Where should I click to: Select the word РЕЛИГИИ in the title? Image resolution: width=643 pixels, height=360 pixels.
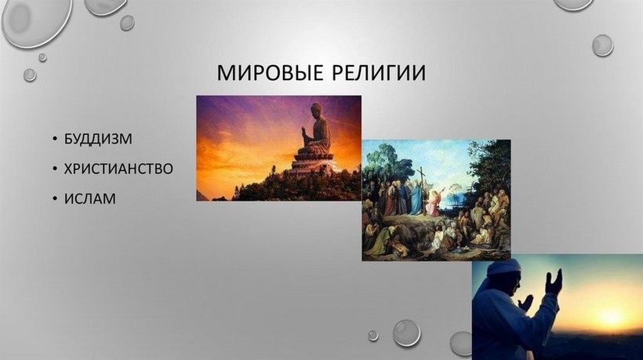coord(378,73)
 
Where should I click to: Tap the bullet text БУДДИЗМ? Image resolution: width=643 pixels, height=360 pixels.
coord(98,139)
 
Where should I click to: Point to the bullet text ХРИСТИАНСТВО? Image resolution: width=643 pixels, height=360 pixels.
coord(118,169)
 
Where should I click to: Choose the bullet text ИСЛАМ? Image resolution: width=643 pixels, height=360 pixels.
coord(90,199)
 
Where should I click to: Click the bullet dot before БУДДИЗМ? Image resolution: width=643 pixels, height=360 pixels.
coord(55,139)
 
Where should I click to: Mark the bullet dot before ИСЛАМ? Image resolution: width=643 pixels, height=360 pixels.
coord(55,199)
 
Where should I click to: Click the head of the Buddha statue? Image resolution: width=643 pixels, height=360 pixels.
coord(317,111)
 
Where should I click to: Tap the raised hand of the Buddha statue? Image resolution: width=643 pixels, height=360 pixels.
coord(304,133)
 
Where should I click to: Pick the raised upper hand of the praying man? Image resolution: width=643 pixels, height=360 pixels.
coord(553,282)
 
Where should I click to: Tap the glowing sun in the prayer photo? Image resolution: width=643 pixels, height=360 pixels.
coord(611,316)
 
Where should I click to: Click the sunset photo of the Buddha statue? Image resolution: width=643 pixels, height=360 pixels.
coord(279,148)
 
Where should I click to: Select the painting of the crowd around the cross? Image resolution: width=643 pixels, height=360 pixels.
coord(436,200)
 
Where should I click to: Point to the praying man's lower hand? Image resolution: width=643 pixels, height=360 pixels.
coord(525,303)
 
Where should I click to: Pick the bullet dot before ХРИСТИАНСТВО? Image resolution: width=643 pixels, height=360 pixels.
coord(55,169)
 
